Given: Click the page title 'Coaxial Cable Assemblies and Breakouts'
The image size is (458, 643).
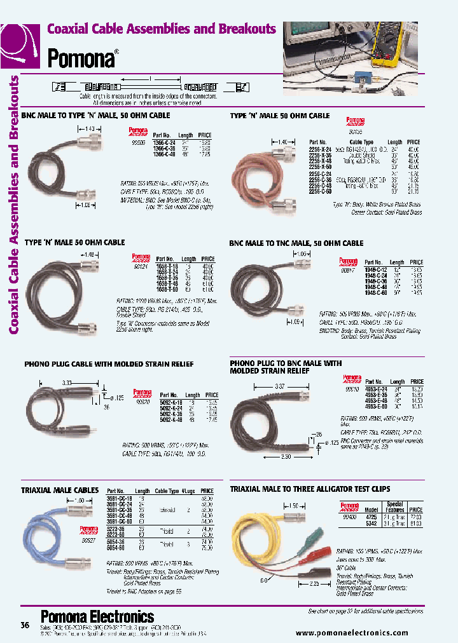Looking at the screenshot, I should pos(162,29).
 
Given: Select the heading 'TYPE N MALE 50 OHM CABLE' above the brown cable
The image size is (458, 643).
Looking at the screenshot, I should pos(279,116).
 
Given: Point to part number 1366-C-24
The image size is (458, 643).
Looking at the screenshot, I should pos(164,143).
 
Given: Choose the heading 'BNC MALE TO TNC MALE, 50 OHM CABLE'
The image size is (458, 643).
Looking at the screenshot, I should pos(296,243).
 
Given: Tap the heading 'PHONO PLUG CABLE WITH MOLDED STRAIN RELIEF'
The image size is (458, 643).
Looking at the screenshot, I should pos(109,364).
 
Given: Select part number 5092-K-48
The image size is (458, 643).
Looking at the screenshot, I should pos(167,419).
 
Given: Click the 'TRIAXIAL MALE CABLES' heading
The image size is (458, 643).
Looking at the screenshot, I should pos(59,491).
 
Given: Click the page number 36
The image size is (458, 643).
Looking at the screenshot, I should pos(25,625).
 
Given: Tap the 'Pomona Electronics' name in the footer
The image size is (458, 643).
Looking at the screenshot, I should pos(97,616).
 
